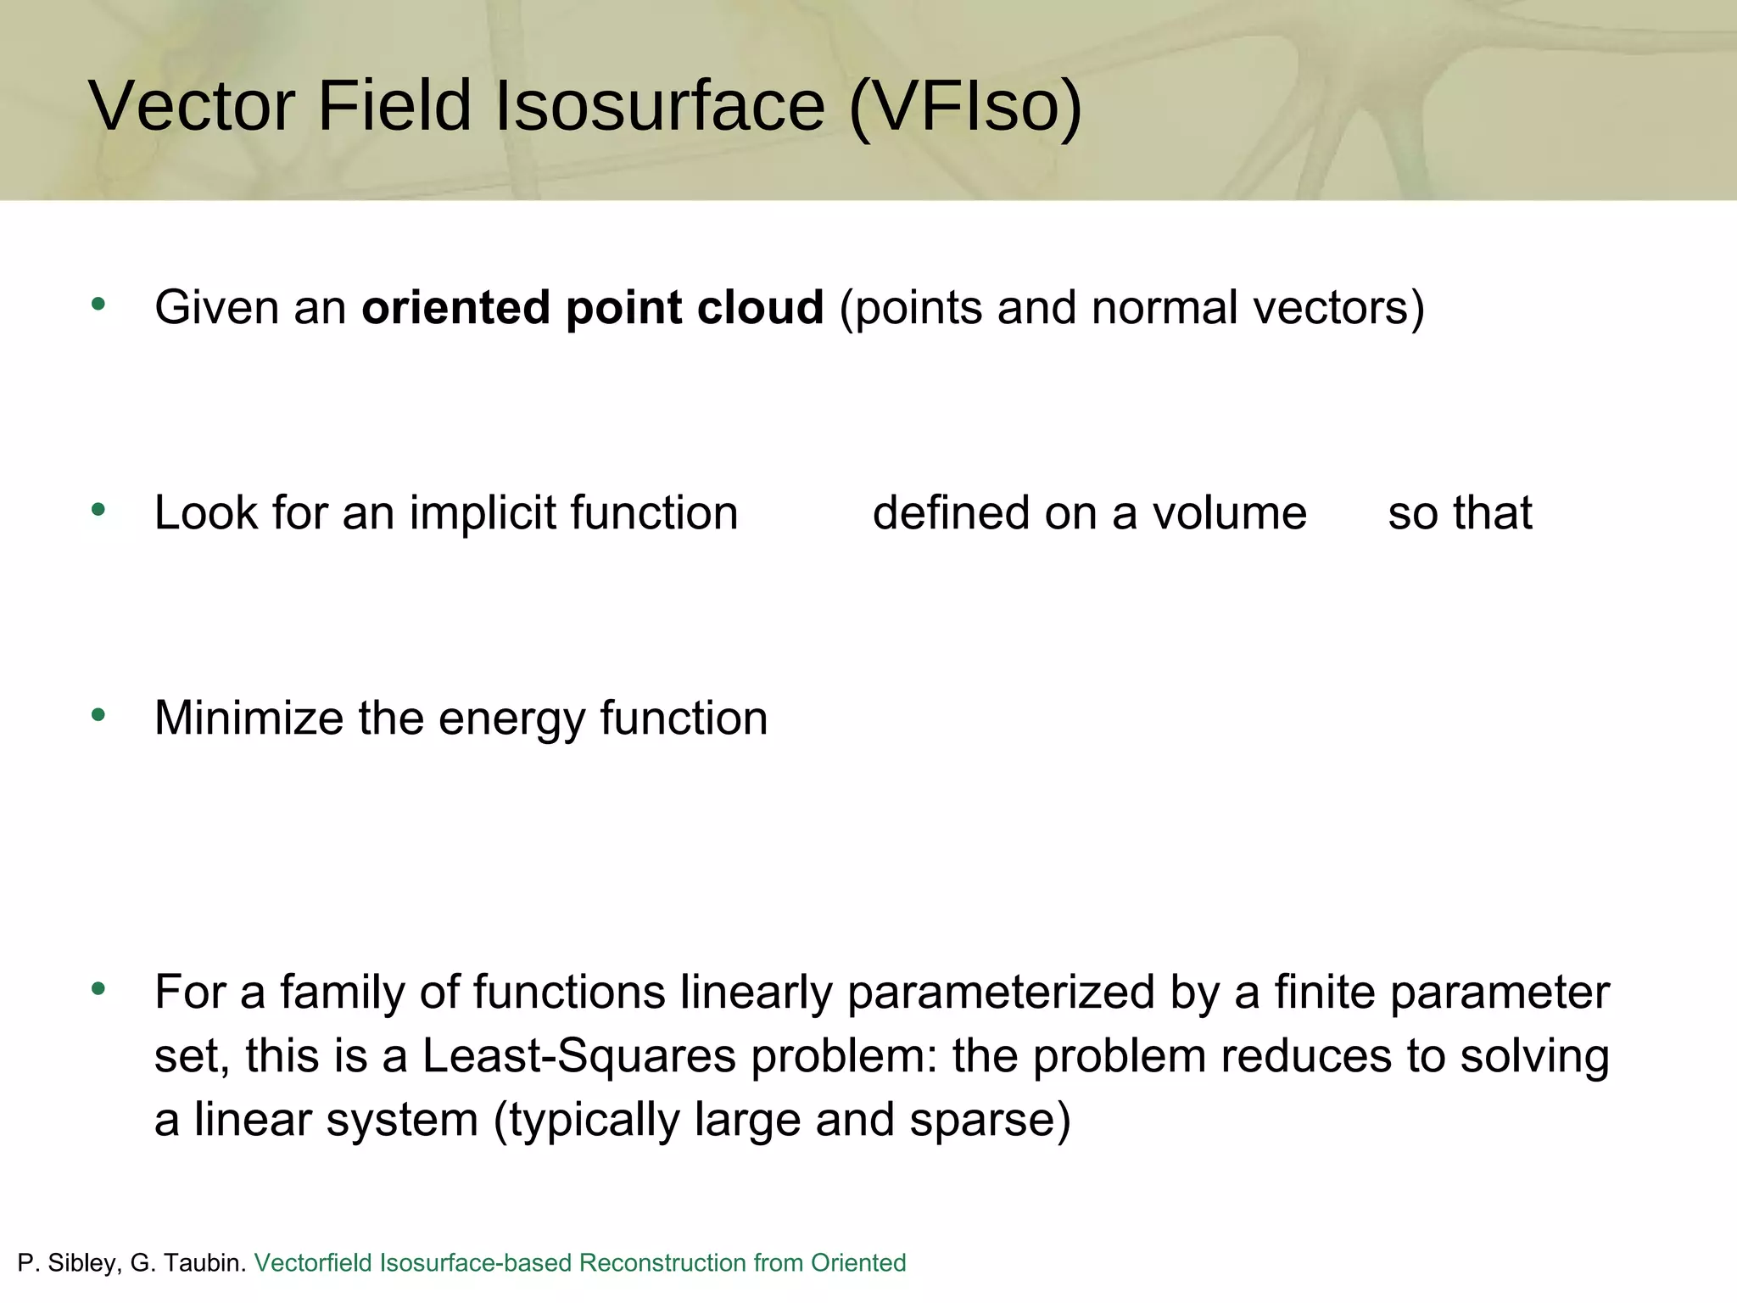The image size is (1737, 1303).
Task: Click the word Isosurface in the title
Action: click(660, 106)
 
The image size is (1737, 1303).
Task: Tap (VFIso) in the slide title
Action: click(965, 106)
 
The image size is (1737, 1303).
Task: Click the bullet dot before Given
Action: click(98, 304)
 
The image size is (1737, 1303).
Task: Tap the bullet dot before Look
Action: click(98, 509)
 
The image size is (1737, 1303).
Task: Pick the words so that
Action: click(1459, 513)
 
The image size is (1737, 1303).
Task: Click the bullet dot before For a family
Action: click(98, 988)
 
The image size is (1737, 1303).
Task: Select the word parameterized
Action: click(1001, 993)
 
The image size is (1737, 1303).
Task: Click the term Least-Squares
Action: click(579, 1057)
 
